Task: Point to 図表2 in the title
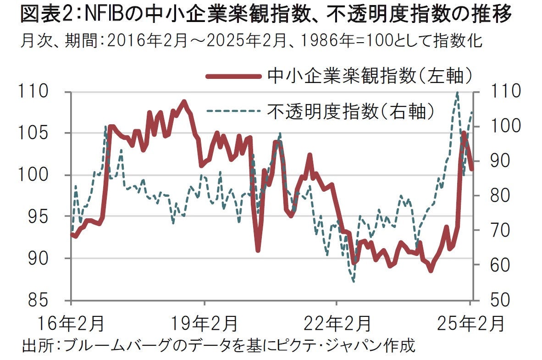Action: click(44, 16)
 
